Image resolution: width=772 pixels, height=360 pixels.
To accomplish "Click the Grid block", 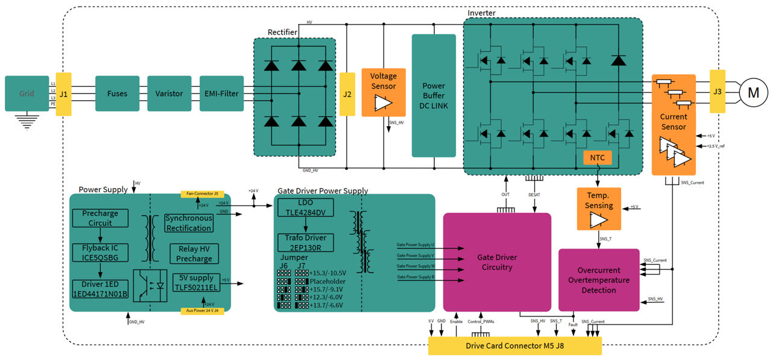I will pos(27,93).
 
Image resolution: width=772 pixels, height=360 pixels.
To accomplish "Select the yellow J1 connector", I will pos(63,94).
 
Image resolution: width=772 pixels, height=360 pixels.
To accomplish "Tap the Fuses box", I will pos(117,93).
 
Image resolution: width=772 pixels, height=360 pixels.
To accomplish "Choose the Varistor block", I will pos(169,93).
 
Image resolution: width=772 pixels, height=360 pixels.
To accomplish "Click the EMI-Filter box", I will pos(221,93).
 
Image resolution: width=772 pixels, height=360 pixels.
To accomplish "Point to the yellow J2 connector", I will pos(347,94).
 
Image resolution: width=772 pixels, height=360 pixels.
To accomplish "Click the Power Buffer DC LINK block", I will pos(434,95).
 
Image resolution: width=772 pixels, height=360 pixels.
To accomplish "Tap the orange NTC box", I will pos(598,158).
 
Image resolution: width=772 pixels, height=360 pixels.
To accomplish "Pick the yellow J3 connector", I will pos(717,92).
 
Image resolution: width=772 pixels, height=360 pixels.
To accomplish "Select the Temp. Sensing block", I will pos(599,209).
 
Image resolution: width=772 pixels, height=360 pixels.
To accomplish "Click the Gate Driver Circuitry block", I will pos(497,262).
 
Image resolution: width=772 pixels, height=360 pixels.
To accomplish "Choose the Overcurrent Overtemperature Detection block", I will pos(599,280).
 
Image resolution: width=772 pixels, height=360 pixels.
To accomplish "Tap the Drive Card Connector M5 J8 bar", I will pos(514,346).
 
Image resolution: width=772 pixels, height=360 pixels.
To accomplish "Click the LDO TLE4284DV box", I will pos(305,207).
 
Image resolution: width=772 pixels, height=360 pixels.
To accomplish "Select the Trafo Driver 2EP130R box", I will pos(305,242).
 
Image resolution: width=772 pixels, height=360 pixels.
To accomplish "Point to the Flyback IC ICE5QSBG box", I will pos(100,253).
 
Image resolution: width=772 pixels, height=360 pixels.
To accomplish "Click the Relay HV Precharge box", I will pos(194,253).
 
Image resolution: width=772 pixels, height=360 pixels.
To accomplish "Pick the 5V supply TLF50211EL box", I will pos(194,283).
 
